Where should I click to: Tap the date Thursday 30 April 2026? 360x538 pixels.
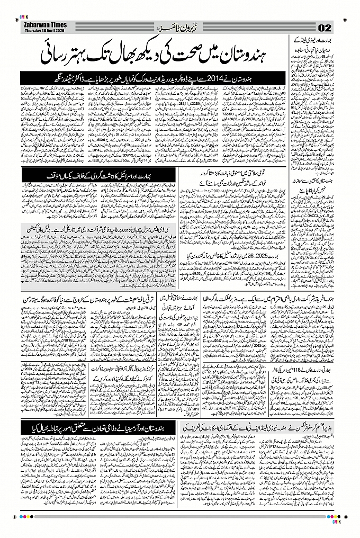44,30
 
